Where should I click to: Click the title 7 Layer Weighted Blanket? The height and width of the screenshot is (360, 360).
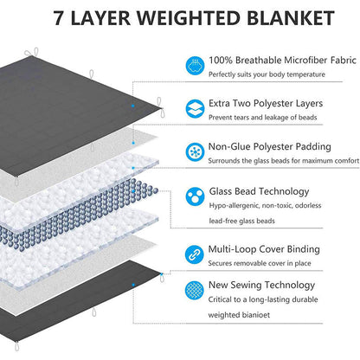click(x=179, y=18)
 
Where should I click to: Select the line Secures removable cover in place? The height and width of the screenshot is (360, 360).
click(x=264, y=265)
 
